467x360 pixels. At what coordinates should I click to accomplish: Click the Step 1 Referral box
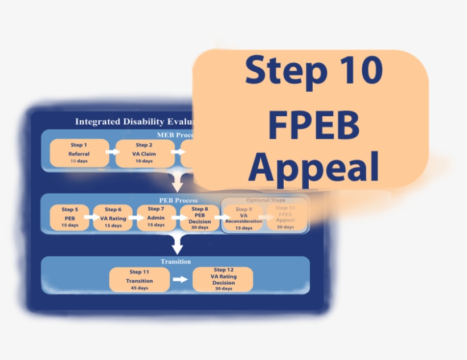coord(79,153)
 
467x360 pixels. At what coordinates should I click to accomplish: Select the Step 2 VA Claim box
coord(144,153)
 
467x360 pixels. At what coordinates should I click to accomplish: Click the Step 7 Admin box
coord(156,217)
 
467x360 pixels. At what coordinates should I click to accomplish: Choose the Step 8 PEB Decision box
coord(199,217)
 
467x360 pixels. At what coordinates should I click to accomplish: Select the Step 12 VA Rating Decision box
coord(223,279)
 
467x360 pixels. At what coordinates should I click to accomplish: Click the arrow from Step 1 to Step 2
coord(112,152)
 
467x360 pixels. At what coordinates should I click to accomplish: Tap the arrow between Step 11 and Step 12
coord(180,279)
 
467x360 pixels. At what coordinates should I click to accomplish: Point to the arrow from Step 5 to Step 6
coord(91,217)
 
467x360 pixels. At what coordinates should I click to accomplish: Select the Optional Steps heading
coord(265,201)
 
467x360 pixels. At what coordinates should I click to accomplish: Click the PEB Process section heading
coord(178,201)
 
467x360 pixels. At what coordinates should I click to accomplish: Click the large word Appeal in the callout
coord(314,166)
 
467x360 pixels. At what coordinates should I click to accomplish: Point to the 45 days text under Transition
coord(140,288)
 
